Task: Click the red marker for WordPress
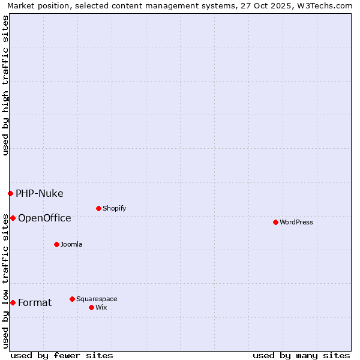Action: (x=275, y=222)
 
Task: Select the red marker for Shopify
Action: (x=98, y=208)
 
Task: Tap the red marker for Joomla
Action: (x=56, y=244)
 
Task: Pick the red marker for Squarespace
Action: (x=72, y=299)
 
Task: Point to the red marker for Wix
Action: (x=91, y=307)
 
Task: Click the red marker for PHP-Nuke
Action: (x=10, y=193)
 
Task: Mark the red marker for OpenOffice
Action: (x=13, y=218)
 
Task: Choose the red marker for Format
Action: (x=13, y=302)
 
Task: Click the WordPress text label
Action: (x=296, y=223)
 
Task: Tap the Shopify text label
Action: (x=114, y=209)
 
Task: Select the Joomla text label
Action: (x=71, y=245)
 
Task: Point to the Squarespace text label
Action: (x=97, y=299)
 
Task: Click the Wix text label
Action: (x=101, y=308)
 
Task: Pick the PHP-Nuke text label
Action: (x=40, y=194)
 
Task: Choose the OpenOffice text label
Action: (x=44, y=218)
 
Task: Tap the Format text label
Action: (x=35, y=303)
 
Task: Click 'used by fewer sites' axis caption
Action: (x=62, y=355)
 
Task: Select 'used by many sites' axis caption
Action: (x=301, y=355)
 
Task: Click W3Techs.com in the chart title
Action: (x=323, y=5)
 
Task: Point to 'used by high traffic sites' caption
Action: (x=5, y=85)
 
